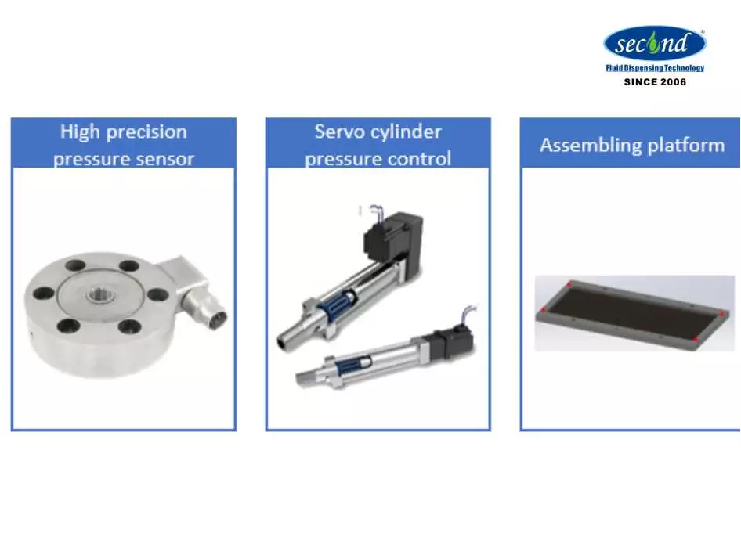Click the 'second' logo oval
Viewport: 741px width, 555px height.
655,43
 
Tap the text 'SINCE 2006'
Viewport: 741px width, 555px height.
655,82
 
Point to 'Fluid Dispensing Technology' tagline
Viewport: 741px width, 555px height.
655,68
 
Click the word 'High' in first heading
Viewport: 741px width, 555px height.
80,132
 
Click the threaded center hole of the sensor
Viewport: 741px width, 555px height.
100,295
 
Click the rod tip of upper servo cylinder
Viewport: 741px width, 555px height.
283,342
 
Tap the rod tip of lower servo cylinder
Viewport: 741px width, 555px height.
302,378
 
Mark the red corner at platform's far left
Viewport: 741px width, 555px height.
544,310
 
